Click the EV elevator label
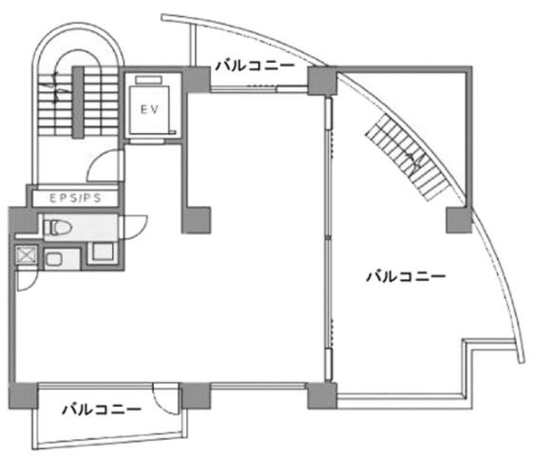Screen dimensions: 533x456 pyautogui.click(x=149, y=109)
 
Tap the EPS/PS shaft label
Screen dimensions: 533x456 pyautogui.click(x=75, y=199)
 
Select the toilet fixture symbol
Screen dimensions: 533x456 pyautogui.click(x=57, y=227)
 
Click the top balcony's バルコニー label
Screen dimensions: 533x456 pyautogui.click(x=255, y=66)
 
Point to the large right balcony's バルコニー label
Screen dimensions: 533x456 pyautogui.click(x=406, y=276)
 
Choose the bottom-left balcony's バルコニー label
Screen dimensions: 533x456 pyautogui.click(x=102, y=409)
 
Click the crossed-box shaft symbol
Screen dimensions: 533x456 pyautogui.click(x=27, y=255)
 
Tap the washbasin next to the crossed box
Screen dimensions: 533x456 pyautogui.click(x=54, y=260)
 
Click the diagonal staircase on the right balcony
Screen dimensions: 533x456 pyautogui.click(x=409, y=157)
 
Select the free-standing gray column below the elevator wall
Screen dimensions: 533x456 pyautogui.click(x=197, y=219)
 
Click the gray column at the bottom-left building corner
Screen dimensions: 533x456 pyautogui.click(x=23, y=396)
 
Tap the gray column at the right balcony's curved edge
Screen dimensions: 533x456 pyautogui.click(x=459, y=220)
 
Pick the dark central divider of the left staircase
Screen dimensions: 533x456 pyautogui.click(x=78, y=102)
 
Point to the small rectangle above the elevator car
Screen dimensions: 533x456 pyautogui.click(x=148, y=80)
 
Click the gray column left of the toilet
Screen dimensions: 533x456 pyautogui.click(x=23, y=219)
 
